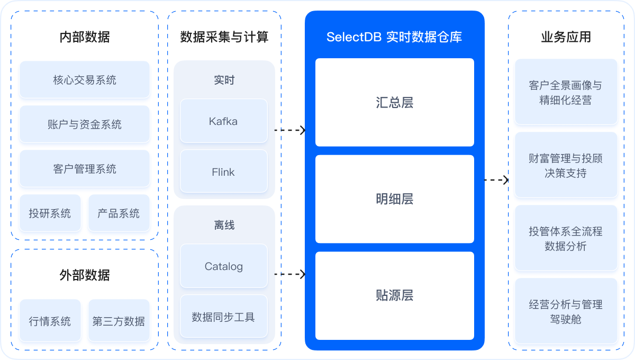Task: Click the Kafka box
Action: pos(223,121)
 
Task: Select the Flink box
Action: pos(223,172)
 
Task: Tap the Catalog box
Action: pos(223,266)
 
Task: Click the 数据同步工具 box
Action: pos(223,317)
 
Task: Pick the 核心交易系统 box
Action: pos(85,80)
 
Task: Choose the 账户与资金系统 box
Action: pos(85,124)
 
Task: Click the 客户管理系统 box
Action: pos(85,169)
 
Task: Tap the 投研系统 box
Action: pos(50,213)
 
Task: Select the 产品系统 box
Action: pos(119,213)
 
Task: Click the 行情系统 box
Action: pos(50,321)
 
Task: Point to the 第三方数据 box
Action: pos(119,321)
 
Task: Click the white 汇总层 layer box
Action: pos(394,102)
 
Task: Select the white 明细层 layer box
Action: pos(394,199)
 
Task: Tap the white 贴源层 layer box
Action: pos(394,295)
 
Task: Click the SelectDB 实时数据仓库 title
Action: pos(394,37)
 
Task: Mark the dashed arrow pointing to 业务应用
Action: pos(496,180)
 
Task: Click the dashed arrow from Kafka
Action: pos(290,130)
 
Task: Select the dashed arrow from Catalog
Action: pos(290,274)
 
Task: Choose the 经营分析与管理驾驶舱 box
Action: pos(566,311)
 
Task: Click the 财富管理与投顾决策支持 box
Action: pos(566,165)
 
